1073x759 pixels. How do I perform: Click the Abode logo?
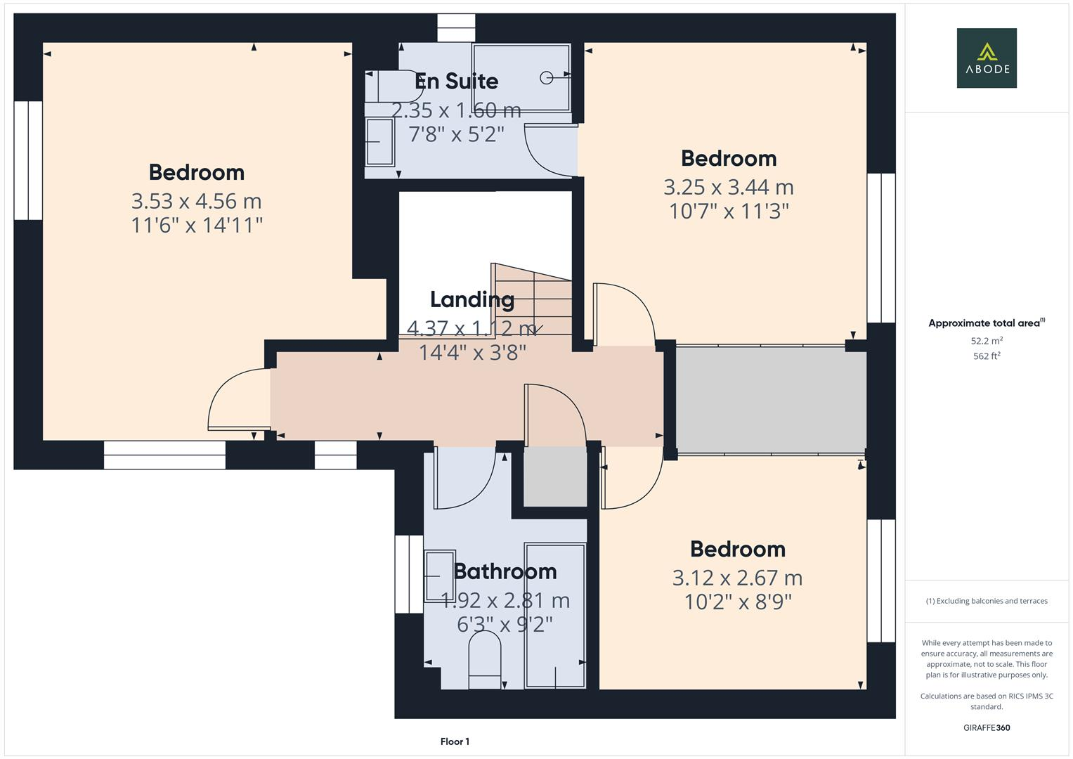986,58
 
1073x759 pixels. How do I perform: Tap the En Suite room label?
456,82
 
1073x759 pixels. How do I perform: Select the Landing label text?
472,300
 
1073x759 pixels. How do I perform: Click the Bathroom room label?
505,571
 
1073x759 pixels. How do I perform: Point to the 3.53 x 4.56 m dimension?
196,202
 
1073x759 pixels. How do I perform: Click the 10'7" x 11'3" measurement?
729,212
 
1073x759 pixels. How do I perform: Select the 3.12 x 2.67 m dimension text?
737,578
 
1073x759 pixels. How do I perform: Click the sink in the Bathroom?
439,576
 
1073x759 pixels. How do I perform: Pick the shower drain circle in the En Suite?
546,78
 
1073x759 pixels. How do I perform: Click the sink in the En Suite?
379,142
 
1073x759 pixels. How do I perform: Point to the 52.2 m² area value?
986,341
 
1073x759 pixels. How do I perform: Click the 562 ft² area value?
986,356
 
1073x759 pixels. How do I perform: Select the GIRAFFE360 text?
986,728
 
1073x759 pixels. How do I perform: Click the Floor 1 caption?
455,741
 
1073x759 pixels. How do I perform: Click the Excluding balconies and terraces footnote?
986,601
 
